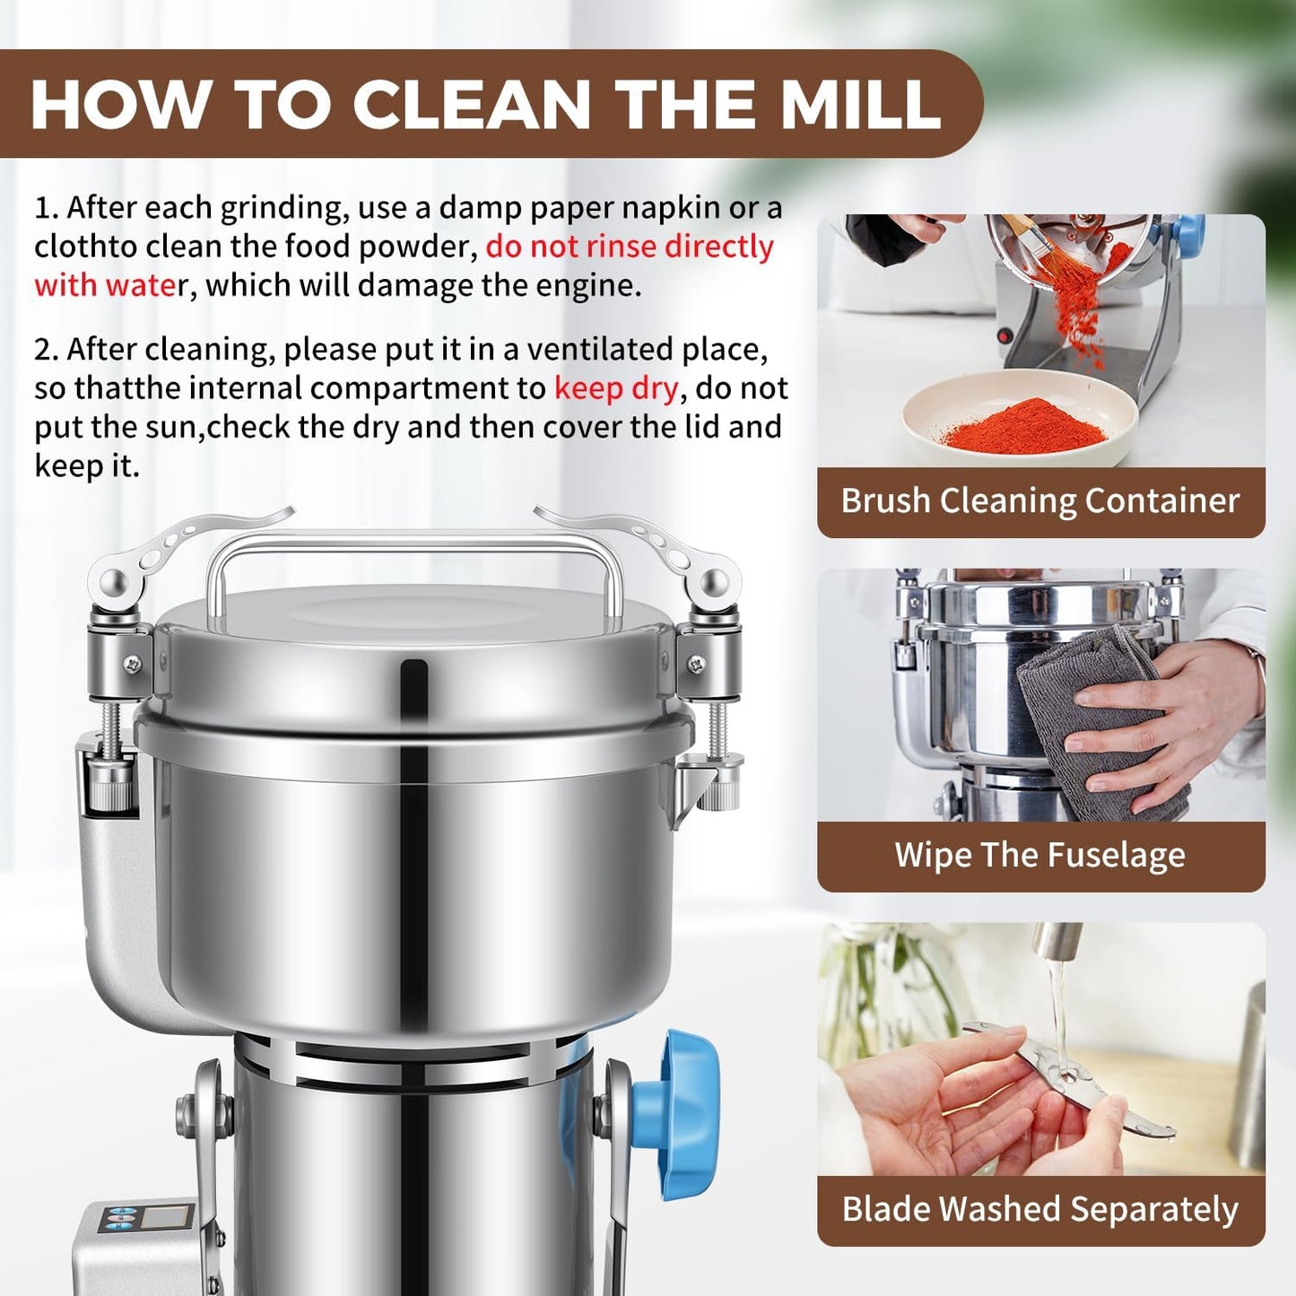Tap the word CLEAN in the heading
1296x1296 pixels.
[471, 104]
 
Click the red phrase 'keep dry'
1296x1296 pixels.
[616, 388]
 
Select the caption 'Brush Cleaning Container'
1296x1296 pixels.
[1040, 500]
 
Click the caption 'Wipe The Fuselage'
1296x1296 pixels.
[1040, 855]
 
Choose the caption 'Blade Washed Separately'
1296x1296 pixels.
[1040, 1209]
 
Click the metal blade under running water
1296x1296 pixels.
[1067, 1081]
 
